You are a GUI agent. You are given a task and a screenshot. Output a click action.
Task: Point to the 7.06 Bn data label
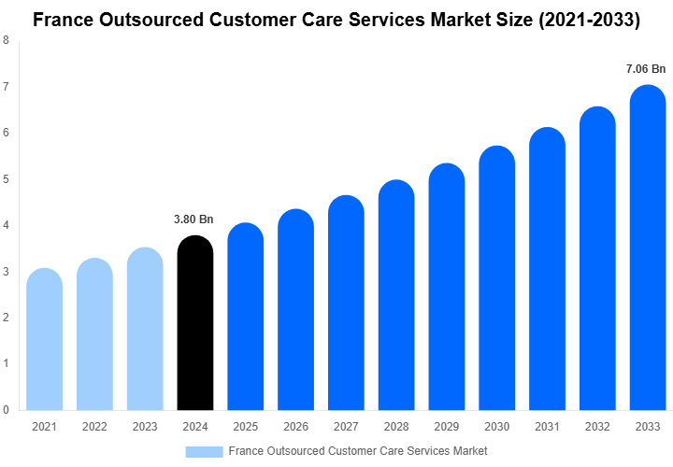point(646,68)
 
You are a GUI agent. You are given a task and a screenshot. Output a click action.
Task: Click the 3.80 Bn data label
point(193,219)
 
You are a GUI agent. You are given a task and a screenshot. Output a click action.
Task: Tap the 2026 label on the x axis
point(295,427)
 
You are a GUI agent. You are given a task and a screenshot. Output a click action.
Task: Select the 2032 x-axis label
point(597,427)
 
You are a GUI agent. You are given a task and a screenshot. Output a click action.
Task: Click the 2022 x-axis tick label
point(94,427)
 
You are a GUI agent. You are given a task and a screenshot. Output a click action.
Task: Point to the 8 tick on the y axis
point(7,40)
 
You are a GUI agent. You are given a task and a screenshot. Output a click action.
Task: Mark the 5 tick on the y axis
point(7,178)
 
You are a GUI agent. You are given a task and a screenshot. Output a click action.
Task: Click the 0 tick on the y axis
point(7,409)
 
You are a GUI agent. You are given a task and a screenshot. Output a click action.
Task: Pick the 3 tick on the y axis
point(7,271)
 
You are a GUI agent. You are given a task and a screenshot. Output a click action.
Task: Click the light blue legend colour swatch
point(204,451)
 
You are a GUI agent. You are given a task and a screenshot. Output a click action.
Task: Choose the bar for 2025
point(245,317)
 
